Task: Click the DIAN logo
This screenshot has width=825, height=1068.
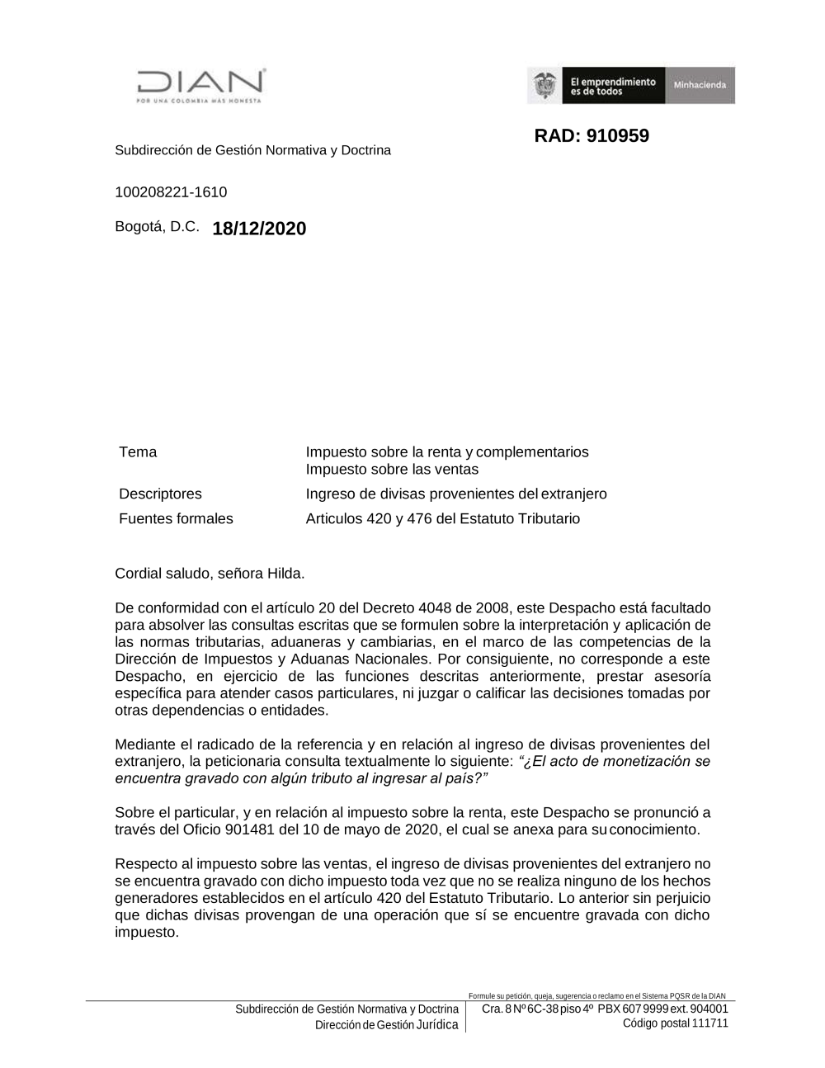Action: [200, 85]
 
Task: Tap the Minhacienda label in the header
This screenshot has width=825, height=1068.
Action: [700, 85]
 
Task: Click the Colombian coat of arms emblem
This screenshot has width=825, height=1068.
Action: [544, 85]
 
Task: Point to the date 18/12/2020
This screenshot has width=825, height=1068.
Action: [259, 229]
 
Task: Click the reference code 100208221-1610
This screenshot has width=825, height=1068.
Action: [171, 192]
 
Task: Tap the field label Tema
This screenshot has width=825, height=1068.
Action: [138, 451]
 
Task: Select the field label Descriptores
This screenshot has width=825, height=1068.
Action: [160, 494]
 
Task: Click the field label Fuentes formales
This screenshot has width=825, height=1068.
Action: [176, 518]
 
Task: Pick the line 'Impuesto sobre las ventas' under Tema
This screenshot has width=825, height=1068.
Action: [392, 470]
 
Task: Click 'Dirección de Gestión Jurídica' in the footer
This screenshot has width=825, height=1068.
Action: [386, 1025]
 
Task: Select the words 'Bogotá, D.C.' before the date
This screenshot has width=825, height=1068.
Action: [157, 226]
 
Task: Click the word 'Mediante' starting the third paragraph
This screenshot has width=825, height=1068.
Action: [145, 744]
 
